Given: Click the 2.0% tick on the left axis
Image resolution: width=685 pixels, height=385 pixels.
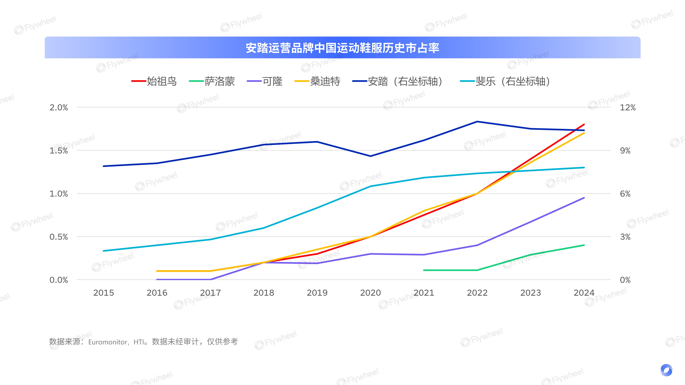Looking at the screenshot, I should point(59,108).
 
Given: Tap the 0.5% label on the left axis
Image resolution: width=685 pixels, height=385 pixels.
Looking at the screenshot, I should point(59,237).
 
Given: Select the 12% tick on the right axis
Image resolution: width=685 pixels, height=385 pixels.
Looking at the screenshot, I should point(628,108).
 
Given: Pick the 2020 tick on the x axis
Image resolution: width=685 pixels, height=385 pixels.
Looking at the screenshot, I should point(370,293).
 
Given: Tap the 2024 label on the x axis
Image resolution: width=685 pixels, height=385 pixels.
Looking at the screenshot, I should point(584,293).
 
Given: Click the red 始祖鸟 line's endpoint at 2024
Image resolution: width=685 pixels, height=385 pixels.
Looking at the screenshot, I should point(584,124).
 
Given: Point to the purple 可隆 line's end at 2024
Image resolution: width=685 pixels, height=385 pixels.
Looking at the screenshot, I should point(584,198).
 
